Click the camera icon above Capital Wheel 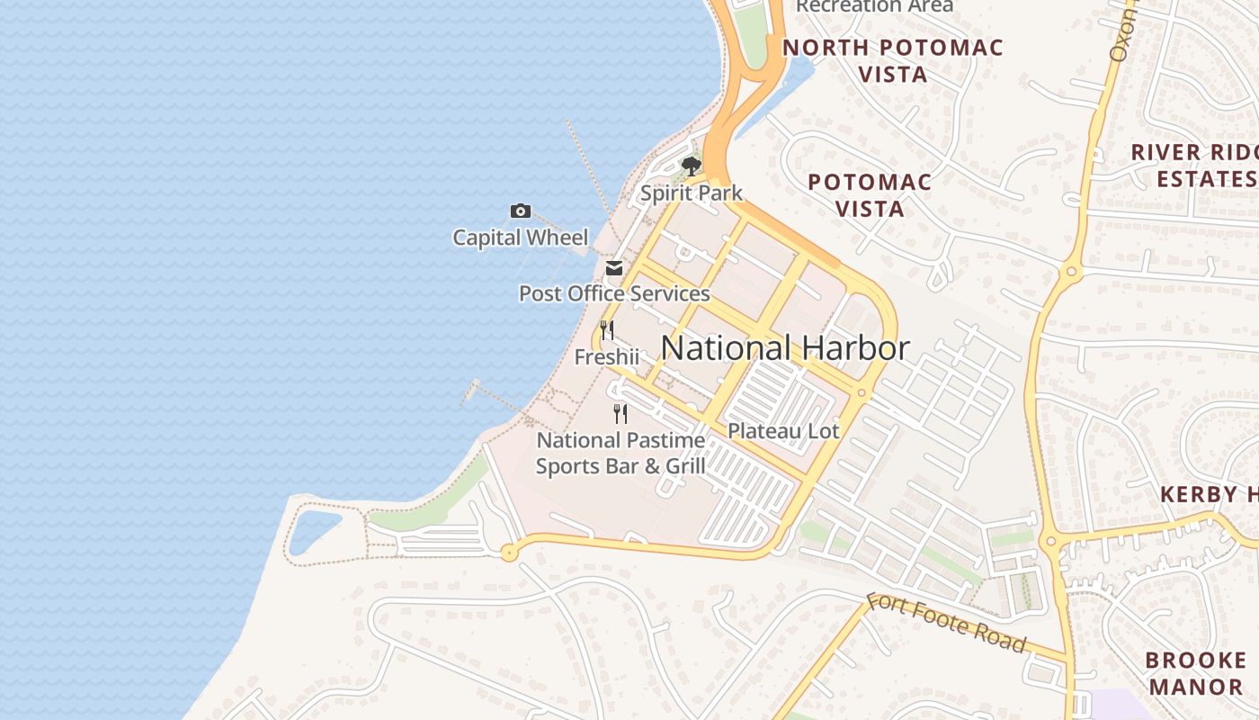click(x=520, y=211)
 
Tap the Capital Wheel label click(x=520, y=238)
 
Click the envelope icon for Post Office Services click(x=614, y=268)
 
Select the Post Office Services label click(x=614, y=293)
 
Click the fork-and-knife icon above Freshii click(x=607, y=330)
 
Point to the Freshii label click(x=607, y=357)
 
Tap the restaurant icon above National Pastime click(x=621, y=414)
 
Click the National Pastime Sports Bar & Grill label click(x=621, y=454)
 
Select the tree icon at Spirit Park click(x=691, y=166)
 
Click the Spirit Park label click(x=691, y=193)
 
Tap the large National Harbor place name click(x=785, y=348)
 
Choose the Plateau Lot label click(x=783, y=431)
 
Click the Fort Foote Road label click(x=946, y=622)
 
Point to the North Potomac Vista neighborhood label click(x=893, y=60)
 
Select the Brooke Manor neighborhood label click(x=1196, y=673)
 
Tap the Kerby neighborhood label click(x=1210, y=494)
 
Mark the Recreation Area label click(x=874, y=6)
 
